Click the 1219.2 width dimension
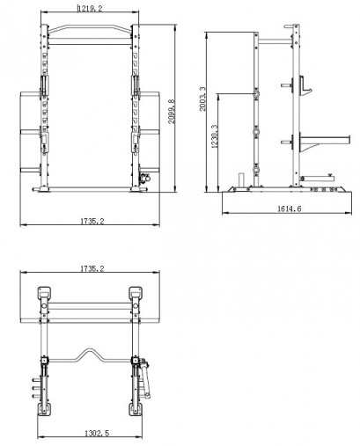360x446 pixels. pos(88,9)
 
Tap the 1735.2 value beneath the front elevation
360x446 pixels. pos(90,221)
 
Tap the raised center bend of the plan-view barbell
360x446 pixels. pos(90,353)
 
